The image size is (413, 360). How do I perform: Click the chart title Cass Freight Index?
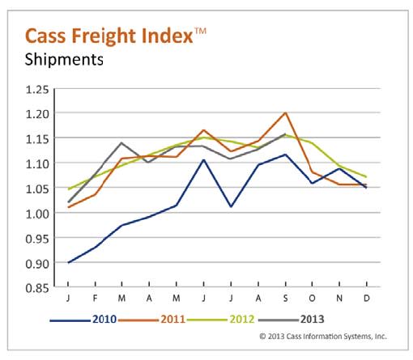pos(109,36)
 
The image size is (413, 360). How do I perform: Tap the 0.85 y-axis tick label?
pos(39,288)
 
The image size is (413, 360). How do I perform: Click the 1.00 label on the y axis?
pos(39,213)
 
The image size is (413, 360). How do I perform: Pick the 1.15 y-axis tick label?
pos(39,138)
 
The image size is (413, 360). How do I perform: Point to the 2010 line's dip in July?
pos(231,206)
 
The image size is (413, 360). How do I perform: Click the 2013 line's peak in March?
pos(121,143)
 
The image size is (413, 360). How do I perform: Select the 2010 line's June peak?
pos(203,159)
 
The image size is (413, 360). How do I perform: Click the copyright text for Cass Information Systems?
pos(323,335)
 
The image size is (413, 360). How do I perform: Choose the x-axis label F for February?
pos(95,300)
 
